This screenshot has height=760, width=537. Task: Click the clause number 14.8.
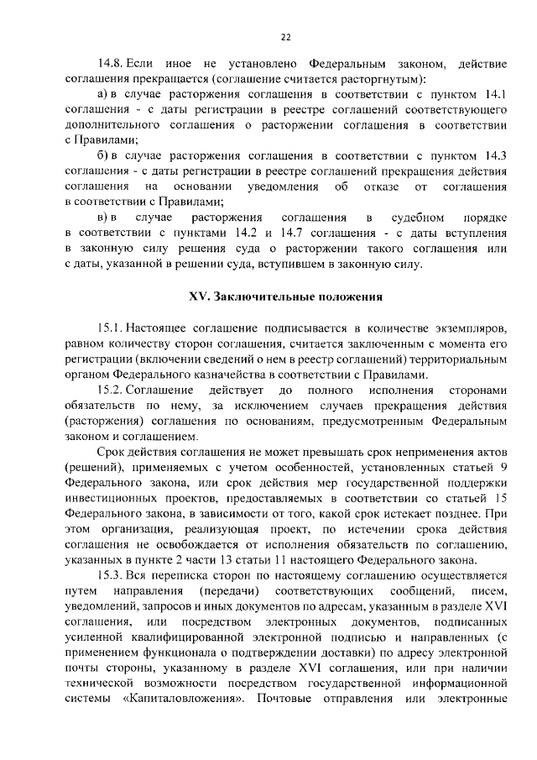tap(111, 63)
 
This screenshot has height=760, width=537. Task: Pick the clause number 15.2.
tap(111, 390)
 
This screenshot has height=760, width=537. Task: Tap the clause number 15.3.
tap(111, 575)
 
